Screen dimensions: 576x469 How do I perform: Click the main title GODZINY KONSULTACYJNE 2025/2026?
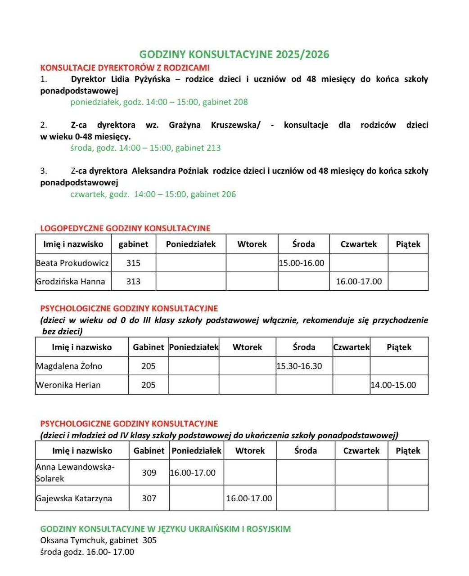tap(234, 54)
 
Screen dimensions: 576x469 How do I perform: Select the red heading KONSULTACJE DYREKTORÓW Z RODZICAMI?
tap(125, 68)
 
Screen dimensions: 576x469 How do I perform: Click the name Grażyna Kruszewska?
tap(214, 125)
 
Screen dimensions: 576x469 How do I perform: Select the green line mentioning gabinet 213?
tap(145, 148)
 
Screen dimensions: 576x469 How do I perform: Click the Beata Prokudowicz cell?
tap(72, 263)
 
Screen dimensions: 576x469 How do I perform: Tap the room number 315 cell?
tap(133, 263)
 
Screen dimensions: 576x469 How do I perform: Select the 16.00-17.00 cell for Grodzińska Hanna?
tap(359, 282)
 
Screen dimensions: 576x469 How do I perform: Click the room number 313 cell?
tap(133, 282)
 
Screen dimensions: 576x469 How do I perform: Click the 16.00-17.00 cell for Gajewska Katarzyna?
tap(249, 499)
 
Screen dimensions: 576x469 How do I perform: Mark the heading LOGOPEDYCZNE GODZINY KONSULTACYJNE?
tap(125, 229)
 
